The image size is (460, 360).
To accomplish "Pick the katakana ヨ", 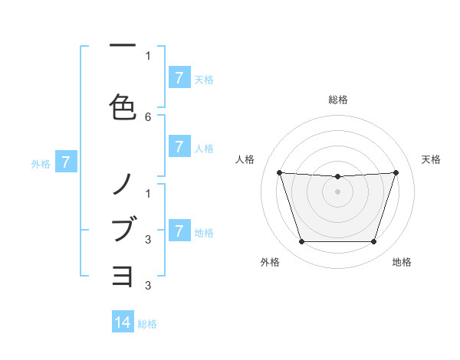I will pyautogui.click(x=123, y=275).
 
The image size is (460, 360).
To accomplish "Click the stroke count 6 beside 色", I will pyautogui.click(x=148, y=117).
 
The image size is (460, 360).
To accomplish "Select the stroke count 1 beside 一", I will pyautogui.click(x=148, y=55).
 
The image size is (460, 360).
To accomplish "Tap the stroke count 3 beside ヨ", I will pyautogui.click(x=148, y=286).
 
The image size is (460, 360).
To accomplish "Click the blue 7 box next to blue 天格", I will pyautogui.click(x=179, y=78).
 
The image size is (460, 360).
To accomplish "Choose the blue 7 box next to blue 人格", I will pyautogui.click(x=179, y=146).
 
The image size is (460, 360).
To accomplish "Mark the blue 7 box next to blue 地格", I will pyautogui.click(x=179, y=231).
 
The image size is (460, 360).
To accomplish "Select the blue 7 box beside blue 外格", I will pyautogui.click(x=66, y=162).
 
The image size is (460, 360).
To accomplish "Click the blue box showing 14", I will pyautogui.click(x=123, y=322).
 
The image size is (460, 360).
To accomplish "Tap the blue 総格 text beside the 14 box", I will pyautogui.click(x=147, y=324).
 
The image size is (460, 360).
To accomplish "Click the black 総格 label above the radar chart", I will pyautogui.click(x=337, y=100).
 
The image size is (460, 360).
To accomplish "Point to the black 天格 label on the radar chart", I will pyautogui.click(x=431, y=159).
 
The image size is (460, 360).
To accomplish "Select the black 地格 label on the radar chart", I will pyautogui.click(x=402, y=262).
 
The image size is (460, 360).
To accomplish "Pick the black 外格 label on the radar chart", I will pyautogui.click(x=270, y=262).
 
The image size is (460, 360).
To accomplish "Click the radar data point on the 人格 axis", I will pyautogui.click(x=280, y=173).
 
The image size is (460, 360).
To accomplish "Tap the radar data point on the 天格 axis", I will pyautogui.click(x=396, y=173).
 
